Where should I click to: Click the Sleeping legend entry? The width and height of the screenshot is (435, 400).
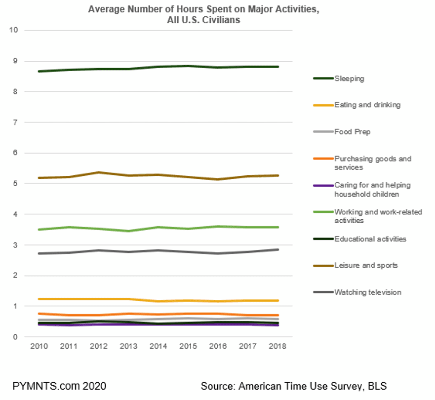349,79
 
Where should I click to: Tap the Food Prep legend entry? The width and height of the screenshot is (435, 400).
352,132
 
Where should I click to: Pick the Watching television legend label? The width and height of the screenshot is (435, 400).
367,292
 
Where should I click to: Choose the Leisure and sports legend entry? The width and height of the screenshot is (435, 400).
366,265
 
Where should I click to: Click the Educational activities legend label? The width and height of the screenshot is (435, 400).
370,239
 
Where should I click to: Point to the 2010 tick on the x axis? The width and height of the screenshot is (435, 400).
39,347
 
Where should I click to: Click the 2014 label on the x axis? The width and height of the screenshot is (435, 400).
158,347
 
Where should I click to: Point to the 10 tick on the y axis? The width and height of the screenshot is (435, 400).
14,30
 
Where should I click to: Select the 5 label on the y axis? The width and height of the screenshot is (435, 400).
16,184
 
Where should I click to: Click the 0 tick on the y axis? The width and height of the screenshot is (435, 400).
16,337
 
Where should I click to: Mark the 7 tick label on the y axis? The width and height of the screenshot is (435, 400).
16,122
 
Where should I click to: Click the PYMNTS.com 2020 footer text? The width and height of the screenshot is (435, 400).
59,386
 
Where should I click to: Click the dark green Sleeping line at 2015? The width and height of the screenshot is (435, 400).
188,66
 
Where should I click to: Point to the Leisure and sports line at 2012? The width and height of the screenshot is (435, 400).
99,172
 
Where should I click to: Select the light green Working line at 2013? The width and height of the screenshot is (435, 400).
128,231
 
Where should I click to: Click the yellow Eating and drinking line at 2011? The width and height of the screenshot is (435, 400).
69,299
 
